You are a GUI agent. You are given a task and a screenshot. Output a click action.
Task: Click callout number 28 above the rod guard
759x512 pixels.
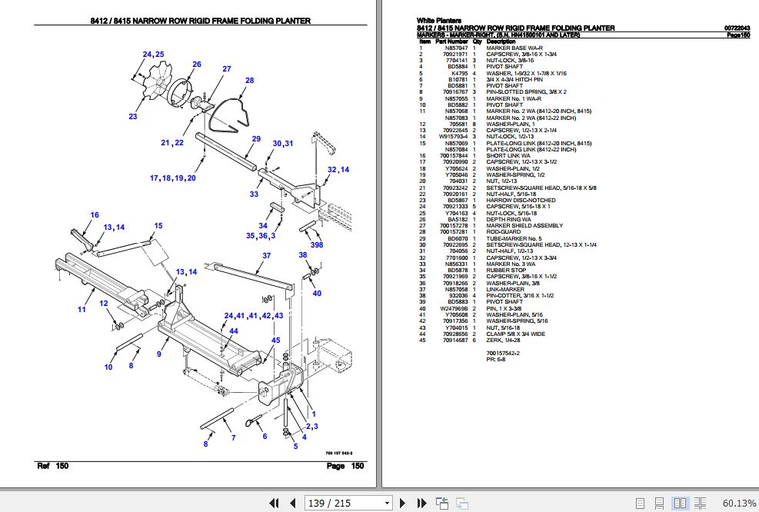tap(249, 81)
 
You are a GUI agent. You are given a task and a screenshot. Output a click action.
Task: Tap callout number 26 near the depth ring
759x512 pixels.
tap(196, 65)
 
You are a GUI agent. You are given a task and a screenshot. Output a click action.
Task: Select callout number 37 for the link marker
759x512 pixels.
tap(266, 256)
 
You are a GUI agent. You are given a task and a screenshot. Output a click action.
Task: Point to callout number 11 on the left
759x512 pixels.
tap(82, 309)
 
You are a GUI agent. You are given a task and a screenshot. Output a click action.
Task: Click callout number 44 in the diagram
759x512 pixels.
tap(233, 331)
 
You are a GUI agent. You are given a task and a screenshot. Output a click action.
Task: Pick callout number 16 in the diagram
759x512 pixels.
tap(95, 215)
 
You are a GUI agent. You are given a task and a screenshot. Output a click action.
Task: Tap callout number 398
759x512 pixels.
tap(317, 245)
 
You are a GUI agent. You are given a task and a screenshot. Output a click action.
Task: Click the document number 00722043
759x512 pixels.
tap(737, 28)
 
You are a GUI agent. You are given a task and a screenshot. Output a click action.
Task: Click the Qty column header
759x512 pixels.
tap(477, 41)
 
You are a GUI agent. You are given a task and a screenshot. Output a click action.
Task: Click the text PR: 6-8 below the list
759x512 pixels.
tap(497, 359)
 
